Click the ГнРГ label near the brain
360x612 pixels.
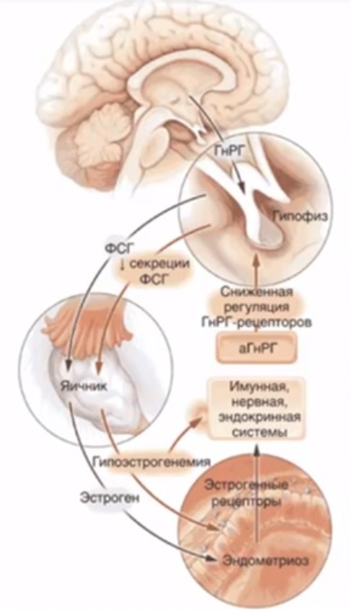point(228,151)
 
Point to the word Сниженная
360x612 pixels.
point(257,292)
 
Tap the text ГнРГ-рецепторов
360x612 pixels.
point(257,323)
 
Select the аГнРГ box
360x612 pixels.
point(257,348)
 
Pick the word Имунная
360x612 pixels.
point(257,388)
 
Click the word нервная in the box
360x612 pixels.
point(257,402)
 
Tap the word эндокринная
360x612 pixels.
point(257,417)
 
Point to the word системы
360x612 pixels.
point(257,433)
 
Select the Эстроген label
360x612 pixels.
point(110,498)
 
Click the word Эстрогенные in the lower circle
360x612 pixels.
point(246,486)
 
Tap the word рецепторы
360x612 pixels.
point(246,502)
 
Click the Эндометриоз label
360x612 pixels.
point(265,561)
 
